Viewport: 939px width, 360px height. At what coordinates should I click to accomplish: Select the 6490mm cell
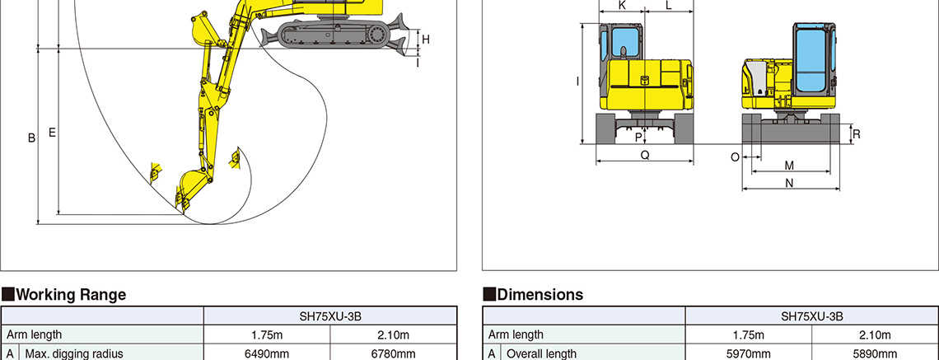point(267,354)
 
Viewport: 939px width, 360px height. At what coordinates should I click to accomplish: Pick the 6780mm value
point(394,354)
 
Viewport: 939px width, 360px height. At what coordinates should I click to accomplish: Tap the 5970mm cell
point(748,354)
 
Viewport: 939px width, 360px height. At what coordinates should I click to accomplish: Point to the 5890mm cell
point(875,354)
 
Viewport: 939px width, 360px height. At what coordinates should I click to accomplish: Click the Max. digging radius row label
point(73,354)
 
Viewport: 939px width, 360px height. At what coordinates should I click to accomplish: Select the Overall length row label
point(542,354)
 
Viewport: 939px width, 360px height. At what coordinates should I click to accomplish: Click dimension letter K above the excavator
point(622,6)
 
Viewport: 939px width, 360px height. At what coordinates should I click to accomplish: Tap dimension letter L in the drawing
point(669,6)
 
